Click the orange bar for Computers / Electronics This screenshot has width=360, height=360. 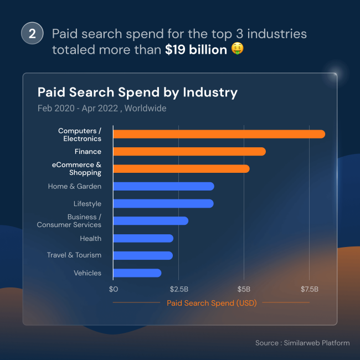click(219, 134)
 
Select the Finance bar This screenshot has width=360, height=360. click(189, 152)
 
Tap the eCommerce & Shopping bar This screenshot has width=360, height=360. click(181, 168)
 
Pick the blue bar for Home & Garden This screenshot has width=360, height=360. click(163, 186)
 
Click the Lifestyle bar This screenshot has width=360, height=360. click(163, 204)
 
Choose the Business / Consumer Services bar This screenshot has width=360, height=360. click(151, 221)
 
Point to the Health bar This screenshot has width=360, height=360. click(143, 238)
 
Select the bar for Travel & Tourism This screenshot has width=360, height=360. click(143, 255)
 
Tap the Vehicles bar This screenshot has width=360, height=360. click(137, 273)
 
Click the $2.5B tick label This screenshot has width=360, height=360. click(178, 289)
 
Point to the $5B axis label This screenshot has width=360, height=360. click(244, 289)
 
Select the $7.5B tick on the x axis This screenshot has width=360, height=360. click(309, 289)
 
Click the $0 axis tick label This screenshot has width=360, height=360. click(114, 289)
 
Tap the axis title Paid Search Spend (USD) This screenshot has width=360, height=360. click(212, 303)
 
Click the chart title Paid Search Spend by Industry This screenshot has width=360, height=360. click(137, 92)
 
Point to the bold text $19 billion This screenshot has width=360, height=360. click(196, 50)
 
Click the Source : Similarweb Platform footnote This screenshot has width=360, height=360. click(302, 343)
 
